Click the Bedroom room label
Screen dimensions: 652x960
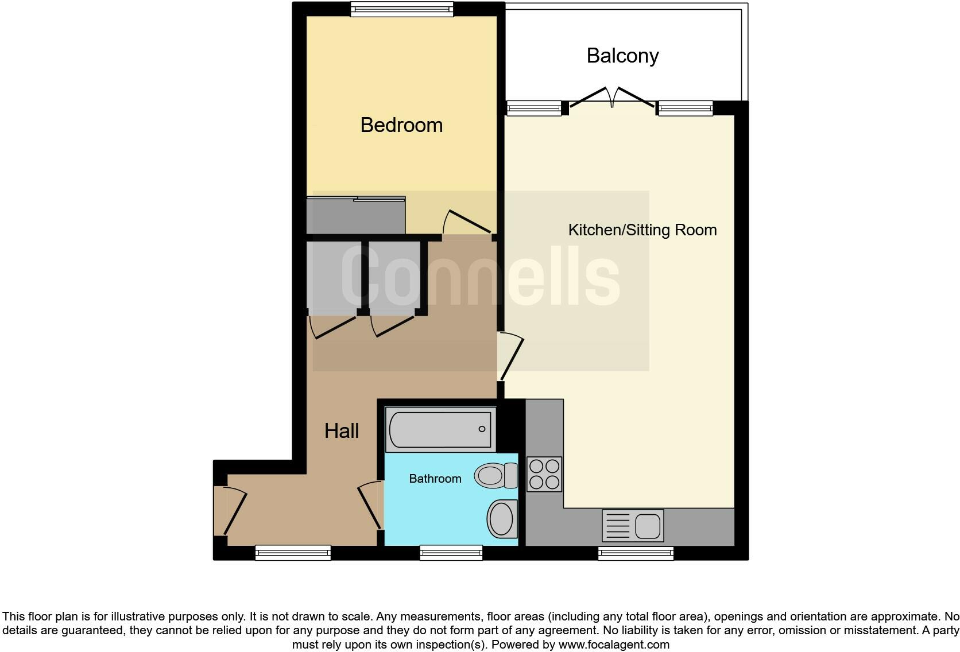coord(401,125)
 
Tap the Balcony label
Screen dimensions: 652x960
coord(622,56)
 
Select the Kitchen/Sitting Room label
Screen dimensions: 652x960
coord(642,230)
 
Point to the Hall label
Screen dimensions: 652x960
coord(342,431)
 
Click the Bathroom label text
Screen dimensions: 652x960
coord(435,479)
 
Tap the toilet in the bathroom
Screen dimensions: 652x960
coord(496,475)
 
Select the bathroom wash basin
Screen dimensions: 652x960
coord(502,519)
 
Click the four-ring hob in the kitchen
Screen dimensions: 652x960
coord(543,474)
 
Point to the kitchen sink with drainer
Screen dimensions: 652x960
coord(633,526)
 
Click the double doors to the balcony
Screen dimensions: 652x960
coord(611,99)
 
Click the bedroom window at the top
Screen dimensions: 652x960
coord(402,9)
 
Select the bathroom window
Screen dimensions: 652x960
coord(451,553)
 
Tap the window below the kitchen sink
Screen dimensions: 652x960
coord(636,553)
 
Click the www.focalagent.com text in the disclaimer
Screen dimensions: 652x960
coord(614,645)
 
